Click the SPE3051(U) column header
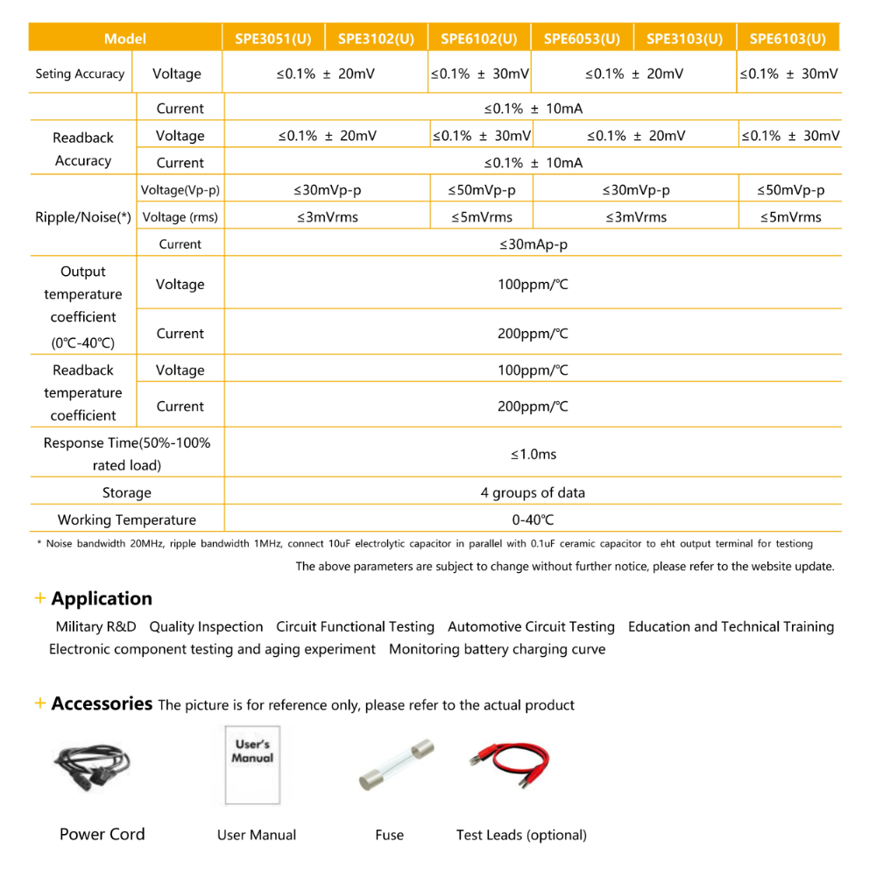272,39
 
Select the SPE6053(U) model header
582,39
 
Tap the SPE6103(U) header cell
788,39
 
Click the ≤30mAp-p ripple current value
533,244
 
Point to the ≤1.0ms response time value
533,454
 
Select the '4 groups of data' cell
533,492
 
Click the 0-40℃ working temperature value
533,519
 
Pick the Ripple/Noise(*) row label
83,217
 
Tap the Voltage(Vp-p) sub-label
180,190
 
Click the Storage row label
126,492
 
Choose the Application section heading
102,599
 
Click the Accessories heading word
102,703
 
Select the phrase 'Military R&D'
95,627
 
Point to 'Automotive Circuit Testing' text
531,627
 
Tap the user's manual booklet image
252,765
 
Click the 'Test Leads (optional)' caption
521,835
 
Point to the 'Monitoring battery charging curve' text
497,650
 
